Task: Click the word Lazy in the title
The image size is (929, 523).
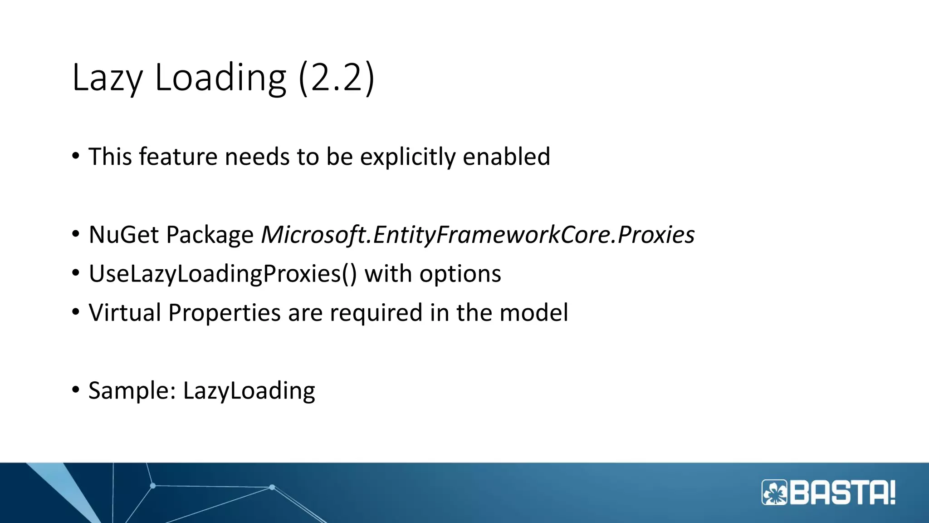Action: pyautogui.click(x=108, y=78)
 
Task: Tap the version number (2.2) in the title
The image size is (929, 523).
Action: pyautogui.click(x=337, y=78)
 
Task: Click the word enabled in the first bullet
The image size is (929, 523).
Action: pyautogui.click(x=506, y=157)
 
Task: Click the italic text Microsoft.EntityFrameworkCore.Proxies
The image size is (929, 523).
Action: pyautogui.click(x=478, y=235)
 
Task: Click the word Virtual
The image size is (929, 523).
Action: pyautogui.click(x=125, y=313)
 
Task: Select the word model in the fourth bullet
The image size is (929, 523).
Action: pyautogui.click(x=533, y=313)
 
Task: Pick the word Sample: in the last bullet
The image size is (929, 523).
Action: pyautogui.click(x=132, y=391)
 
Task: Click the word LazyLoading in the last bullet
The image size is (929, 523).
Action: pyautogui.click(x=249, y=391)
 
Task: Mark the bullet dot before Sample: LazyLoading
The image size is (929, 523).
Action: pyautogui.click(x=76, y=390)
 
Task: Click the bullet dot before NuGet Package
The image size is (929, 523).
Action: pyautogui.click(x=76, y=234)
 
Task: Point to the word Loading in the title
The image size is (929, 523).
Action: pyautogui.click(x=220, y=78)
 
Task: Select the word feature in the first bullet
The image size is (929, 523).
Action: pyautogui.click(x=178, y=157)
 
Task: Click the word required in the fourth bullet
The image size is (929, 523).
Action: pyautogui.click(x=376, y=313)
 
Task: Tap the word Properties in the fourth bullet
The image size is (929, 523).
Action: pyautogui.click(x=225, y=313)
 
